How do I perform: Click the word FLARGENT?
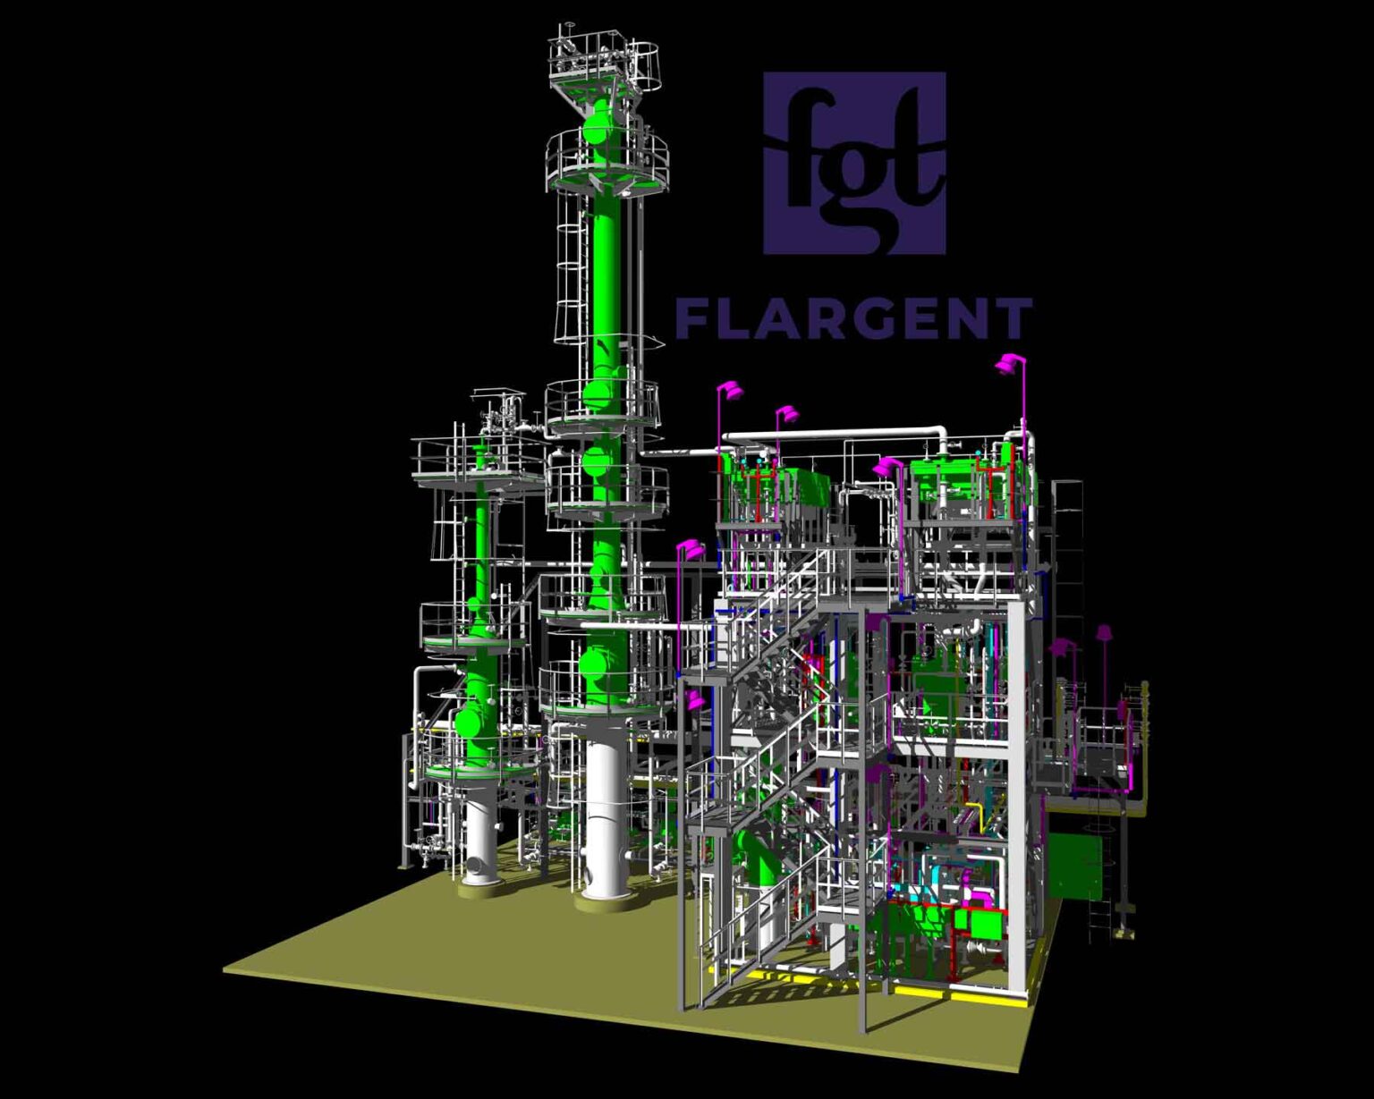pos(853,318)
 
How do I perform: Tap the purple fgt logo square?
pos(854,163)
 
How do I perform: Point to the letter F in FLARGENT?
pos(692,318)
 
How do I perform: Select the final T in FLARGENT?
pos(1014,318)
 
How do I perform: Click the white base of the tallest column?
pos(603,824)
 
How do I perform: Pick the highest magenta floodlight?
pos(1007,364)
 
